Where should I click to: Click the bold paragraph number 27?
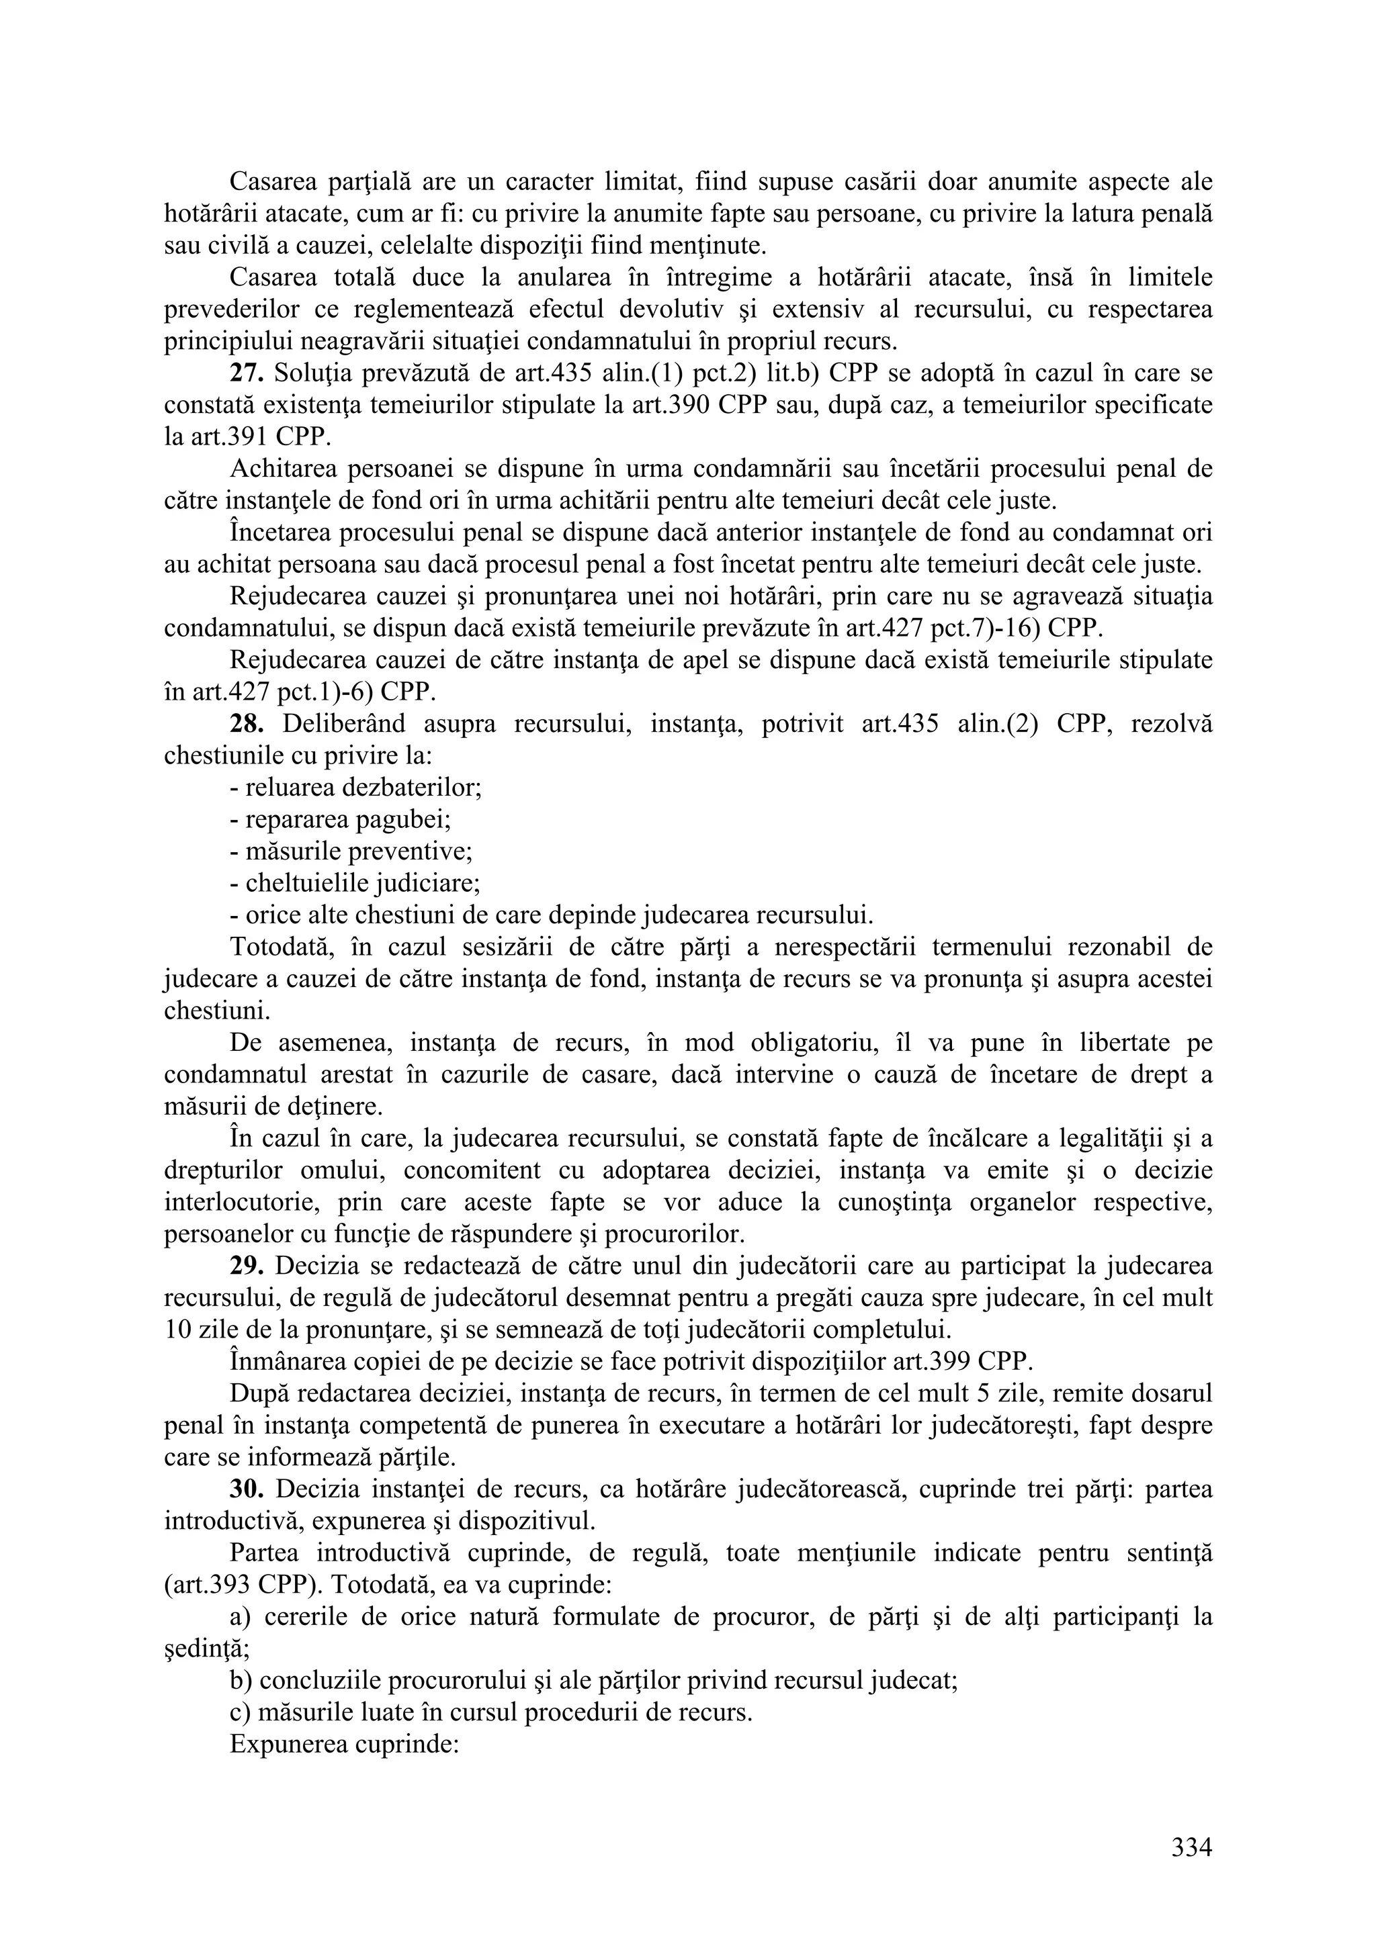point(247,373)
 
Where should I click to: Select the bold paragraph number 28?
point(247,723)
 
